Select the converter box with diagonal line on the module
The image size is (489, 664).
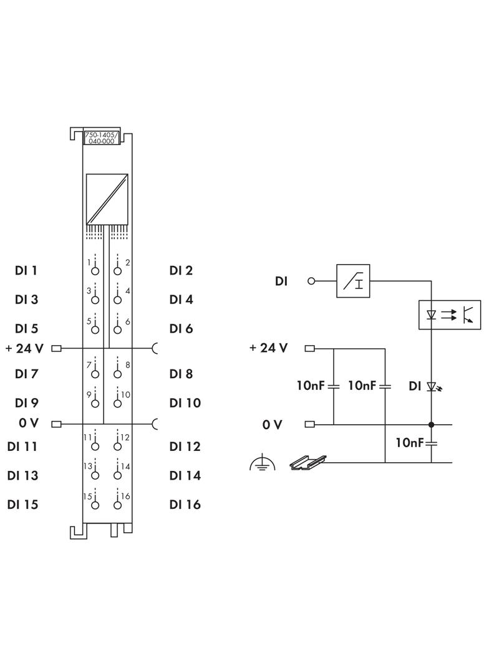[x=107, y=198]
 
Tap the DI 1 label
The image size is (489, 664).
[x=26, y=271]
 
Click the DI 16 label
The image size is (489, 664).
[x=185, y=505]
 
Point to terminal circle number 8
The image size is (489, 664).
[x=117, y=374]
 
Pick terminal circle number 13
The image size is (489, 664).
[x=95, y=475]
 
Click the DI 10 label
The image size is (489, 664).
[x=185, y=403]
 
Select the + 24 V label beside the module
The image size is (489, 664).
[x=24, y=348]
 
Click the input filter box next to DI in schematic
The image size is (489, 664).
[x=356, y=281]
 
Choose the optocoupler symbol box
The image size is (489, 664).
[x=449, y=315]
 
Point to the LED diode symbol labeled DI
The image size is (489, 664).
[x=432, y=387]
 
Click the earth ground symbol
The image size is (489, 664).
[x=263, y=463]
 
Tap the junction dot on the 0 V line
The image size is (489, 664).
[x=431, y=424]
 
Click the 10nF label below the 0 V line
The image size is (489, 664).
[x=410, y=443]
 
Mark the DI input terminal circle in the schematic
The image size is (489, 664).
[x=312, y=281]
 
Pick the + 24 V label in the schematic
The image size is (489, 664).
[x=268, y=348]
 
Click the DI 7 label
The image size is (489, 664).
[x=26, y=374]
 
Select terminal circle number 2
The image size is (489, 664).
[x=117, y=271]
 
